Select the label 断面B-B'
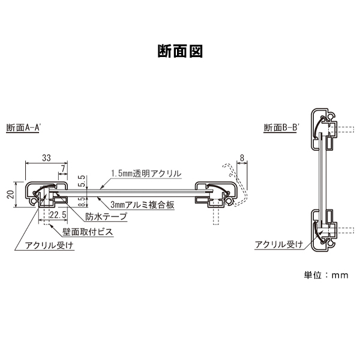[x=283, y=128]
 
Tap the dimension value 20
[x=10, y=194]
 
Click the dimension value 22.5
[x=58, y=215]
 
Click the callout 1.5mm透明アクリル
[x=146, y=173]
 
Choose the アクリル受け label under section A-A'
[x=50, y=245]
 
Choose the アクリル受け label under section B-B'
[x=278, y=244]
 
